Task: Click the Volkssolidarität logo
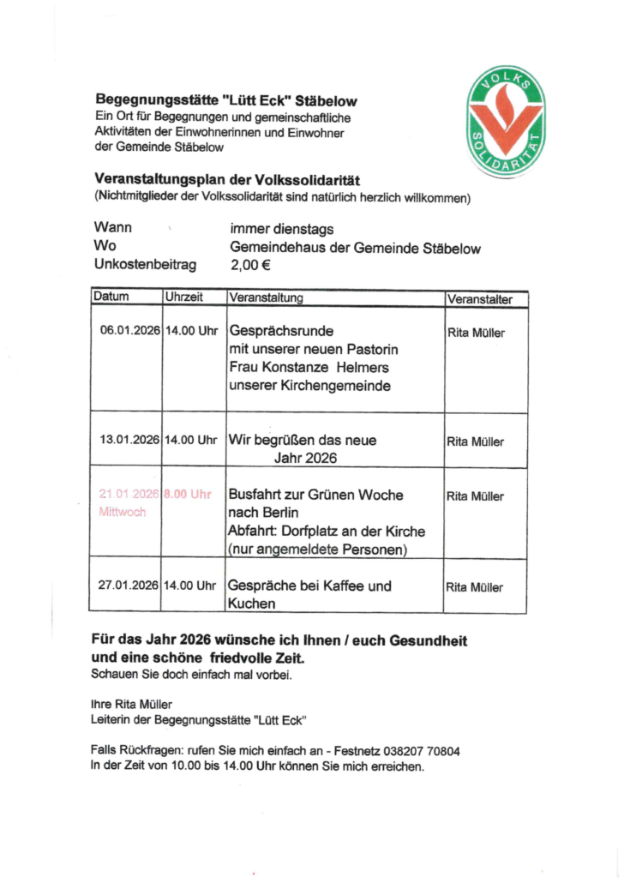tap(507, 120)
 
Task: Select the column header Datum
tap(111, 298)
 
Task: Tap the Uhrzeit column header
tap(183, 298)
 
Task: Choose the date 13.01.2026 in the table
tap(129, 440)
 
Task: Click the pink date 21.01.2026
tap(129, 495)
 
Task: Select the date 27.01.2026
tap(129, 586)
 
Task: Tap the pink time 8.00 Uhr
tap(189, 495)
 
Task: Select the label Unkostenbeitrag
tap(145, 266)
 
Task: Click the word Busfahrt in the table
tap(258, 495)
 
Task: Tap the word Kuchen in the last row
tap(252, 604)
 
